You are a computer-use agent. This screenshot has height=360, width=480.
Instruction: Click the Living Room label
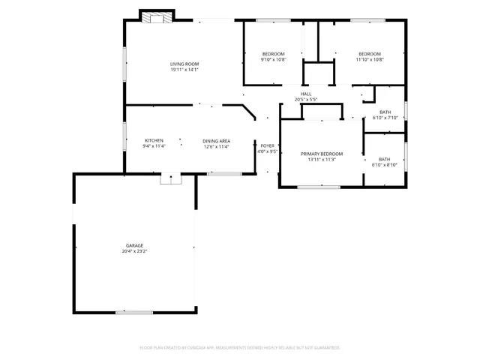pyautogui.click(x=184, y=64)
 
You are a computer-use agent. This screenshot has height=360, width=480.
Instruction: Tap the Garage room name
pyautogui.click(x=134, y=245)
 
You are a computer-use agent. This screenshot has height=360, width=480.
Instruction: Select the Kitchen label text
pyautogui.click(x=154, y=140)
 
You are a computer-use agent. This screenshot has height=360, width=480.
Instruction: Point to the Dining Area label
pyautogui.click(x=216, y=140)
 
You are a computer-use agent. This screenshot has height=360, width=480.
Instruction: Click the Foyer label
pyautogui.click(x=268, y=145)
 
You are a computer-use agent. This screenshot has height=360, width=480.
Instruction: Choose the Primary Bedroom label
pyautogui.click(x=322, y=152)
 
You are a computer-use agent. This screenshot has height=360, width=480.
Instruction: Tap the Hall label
pyautogui.click(x=306, y=94)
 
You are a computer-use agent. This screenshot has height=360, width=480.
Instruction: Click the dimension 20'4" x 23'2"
pyautogui.click(x=134, y=251)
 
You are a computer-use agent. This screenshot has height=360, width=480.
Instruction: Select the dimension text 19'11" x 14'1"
pyautogui.click(x=184, y=70)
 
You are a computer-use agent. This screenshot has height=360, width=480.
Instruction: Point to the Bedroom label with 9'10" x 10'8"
pyautogui.click(x=273, y=54)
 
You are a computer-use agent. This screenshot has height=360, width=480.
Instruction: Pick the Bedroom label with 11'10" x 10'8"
pyautogui.click(x=370, y=54)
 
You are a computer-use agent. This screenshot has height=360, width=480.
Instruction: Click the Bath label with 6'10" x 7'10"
pyautogui.click(x=384, y=112)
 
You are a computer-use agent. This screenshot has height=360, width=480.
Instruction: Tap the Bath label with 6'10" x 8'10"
pyautogui.click(x=384, y=158)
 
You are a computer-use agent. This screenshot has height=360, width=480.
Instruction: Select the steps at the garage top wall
pyautogui.click(x=171, y=178)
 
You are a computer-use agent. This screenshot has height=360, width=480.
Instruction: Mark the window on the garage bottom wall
pyautogui.click(x=134, y=312)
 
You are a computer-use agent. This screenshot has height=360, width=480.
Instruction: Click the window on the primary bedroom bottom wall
pyautogui.click(x=313, y=187)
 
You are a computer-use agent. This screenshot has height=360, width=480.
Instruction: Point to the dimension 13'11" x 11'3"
pyautogui.click(x=322, y=159)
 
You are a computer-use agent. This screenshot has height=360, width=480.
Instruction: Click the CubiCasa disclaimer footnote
pyautogui.click(x=240, y=347)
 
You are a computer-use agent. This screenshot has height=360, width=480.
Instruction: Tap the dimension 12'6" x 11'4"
pyautogui.click(x=216, y=146)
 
